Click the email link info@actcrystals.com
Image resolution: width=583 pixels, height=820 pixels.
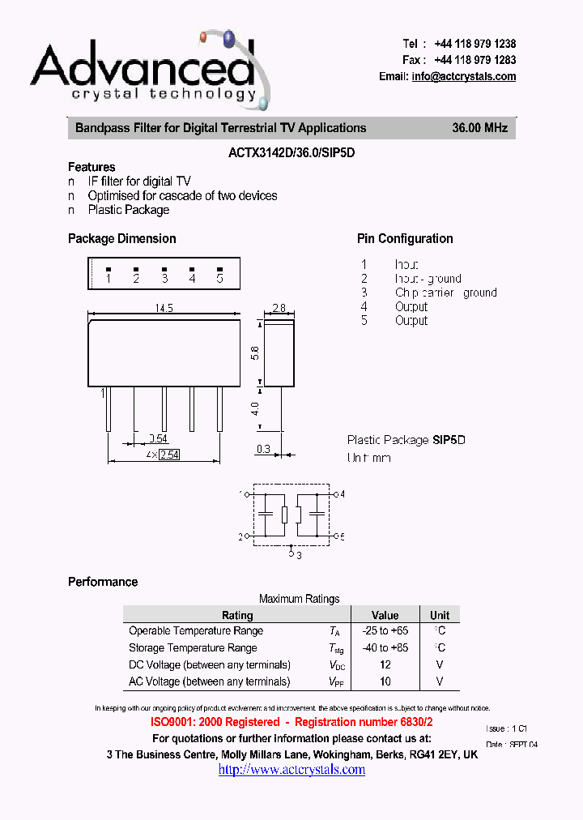click(x=463, y=77)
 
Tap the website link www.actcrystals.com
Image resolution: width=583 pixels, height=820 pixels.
click(x=291, y=769)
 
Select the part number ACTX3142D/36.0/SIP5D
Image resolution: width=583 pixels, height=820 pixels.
click(x=291, y=151)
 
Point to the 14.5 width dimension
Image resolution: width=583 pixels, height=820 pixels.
click(x=164, y=308)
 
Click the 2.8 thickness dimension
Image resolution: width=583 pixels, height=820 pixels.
click(x=279, y=308)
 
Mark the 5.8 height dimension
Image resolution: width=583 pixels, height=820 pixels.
click(x=256, y=353)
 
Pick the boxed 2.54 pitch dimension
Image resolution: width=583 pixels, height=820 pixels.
click(x=169, y=455)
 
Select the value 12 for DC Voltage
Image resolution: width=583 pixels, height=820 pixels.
click(x=385, y=664)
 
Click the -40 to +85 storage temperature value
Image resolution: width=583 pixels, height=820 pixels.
click(x=385, y=647)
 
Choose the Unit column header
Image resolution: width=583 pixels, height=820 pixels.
click(x=440, y=615)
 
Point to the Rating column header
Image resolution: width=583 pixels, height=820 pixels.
click(x=237, y=615)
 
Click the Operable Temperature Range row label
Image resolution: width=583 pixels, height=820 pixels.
click(x=196, y=630)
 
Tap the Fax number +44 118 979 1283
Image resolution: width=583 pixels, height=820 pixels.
click(x=474, y=60)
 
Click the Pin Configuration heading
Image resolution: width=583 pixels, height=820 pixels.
click(x=405, y=238)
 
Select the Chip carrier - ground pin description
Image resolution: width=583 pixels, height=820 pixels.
click(x=445, y=293)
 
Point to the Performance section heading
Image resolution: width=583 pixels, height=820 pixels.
click(x=103, y=582)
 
